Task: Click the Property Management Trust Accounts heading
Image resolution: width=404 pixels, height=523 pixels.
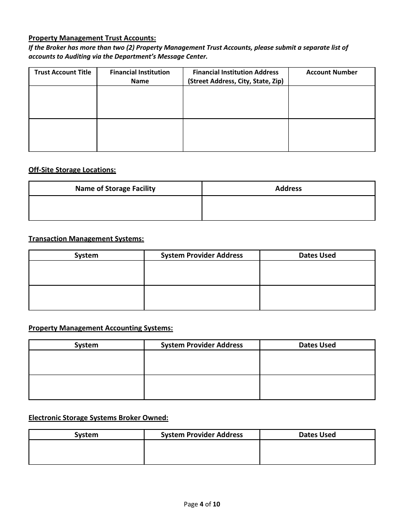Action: click(92, 38)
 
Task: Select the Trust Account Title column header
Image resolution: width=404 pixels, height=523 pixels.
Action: click(63, 72)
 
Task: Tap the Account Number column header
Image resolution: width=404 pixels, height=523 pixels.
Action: click(332, 72)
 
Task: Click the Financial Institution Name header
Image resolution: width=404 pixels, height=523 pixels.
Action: click(140, 77)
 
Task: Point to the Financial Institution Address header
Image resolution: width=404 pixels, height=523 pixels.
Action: click(236, 77)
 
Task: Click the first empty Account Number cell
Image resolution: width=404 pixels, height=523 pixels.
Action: click(332, 102)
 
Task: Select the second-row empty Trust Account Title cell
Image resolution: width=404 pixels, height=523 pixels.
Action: click(63, 135)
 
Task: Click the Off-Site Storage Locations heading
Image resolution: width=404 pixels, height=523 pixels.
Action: click(72, 170)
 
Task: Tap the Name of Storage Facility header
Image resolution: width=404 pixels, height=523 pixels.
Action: click(115, 188)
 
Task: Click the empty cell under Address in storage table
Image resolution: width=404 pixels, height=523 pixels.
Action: click(288, 208)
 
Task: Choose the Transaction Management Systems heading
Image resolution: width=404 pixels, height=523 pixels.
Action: click(86, 239)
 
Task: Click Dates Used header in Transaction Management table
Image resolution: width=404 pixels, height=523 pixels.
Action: click(317, 255)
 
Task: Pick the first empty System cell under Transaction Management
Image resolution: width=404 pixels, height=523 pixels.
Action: click(86, 273)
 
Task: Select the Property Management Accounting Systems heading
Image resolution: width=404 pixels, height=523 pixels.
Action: click(101, 328)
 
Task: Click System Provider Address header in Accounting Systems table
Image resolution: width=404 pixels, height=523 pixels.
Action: click(202, 345)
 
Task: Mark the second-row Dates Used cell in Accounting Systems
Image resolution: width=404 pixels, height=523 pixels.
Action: click(317, 387)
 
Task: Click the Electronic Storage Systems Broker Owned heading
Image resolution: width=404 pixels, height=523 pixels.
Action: click(99, 418)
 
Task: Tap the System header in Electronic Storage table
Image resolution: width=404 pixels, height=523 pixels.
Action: click(86, 435)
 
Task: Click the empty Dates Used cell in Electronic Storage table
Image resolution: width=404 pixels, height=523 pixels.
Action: click(317, 452)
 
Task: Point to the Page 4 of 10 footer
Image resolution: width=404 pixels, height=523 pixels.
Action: click(202, 505)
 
